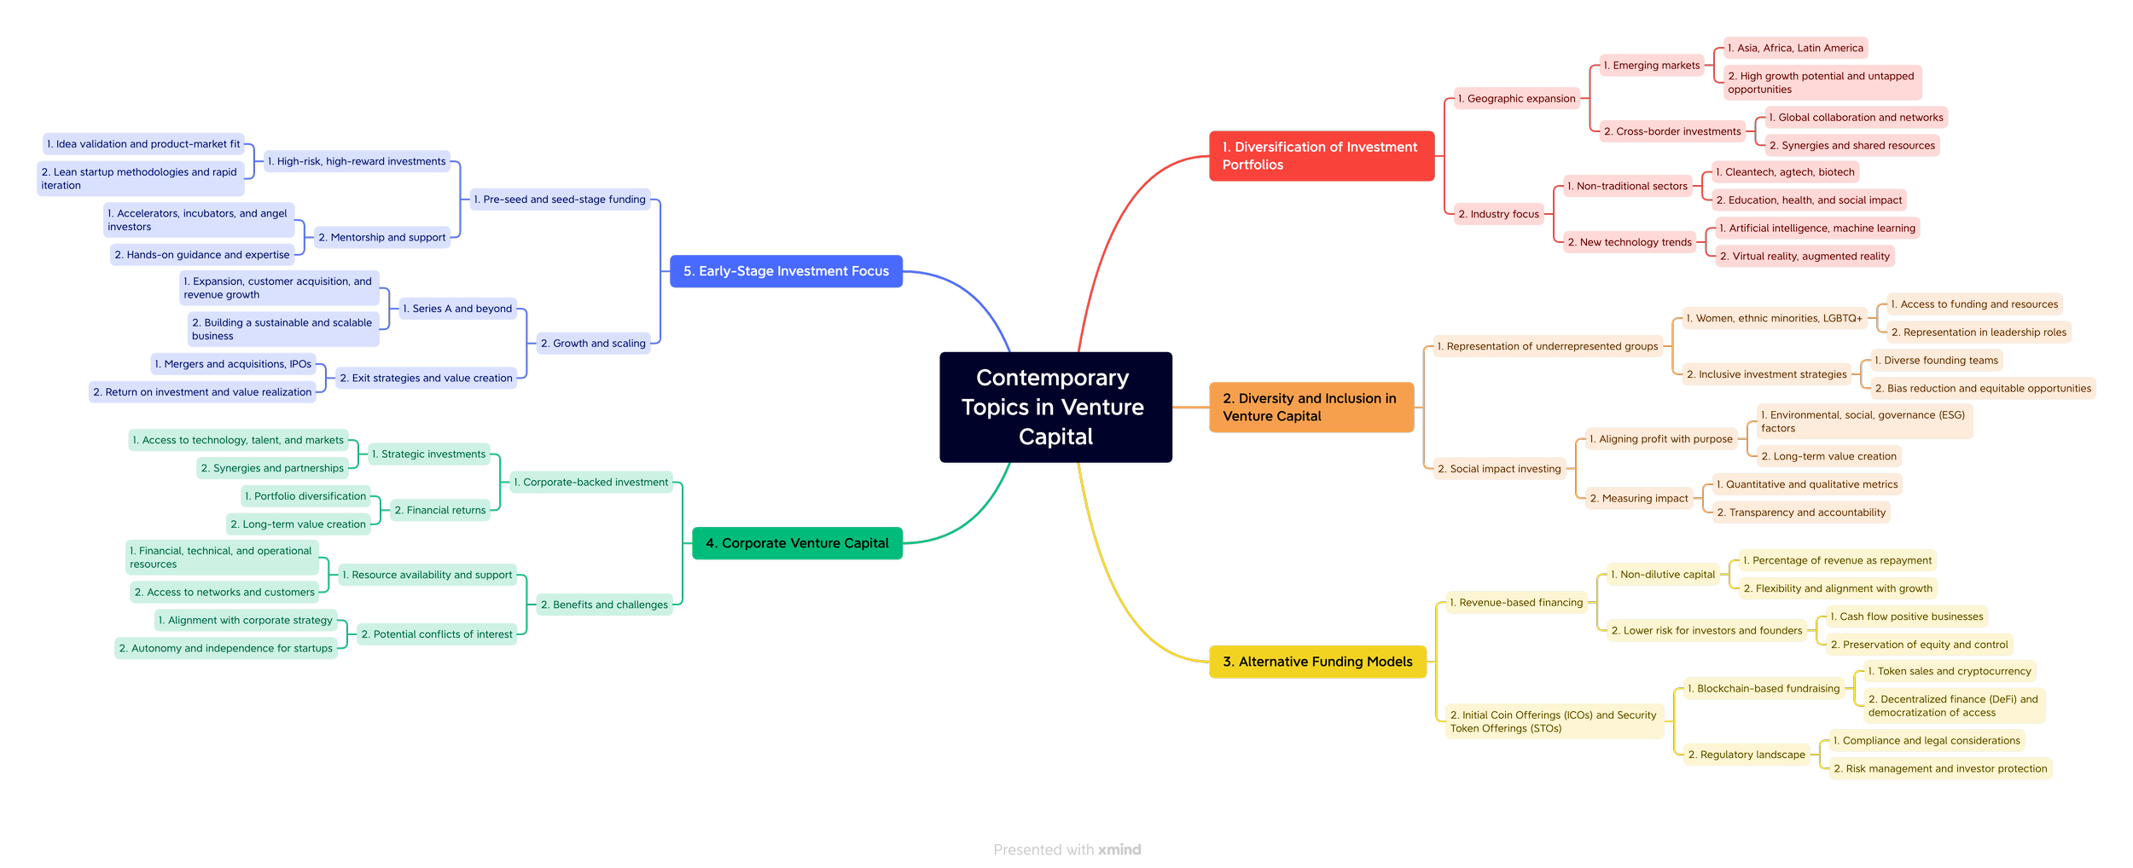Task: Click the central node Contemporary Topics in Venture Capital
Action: [1055, 407]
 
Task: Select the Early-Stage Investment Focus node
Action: [786, 271]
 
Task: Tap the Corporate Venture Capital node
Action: [797, 543]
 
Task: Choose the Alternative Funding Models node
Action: [1317, 662]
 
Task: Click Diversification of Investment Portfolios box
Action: [1321, 156]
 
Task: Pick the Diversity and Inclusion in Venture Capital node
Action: [1311, 407]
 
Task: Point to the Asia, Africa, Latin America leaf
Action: [1795, 48]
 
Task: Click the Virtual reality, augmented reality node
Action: [1805, 256]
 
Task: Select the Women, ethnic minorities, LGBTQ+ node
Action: [1774, 318]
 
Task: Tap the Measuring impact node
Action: [1639, 498]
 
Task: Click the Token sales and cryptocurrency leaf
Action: [1949, 671]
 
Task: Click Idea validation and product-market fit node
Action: [143, 144]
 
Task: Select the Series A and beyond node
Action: [457, 309]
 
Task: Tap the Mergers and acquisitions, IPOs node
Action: [233, 364]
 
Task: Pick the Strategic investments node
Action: [428, 454]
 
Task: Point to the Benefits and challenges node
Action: [605, 605]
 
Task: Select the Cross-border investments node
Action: [1672, 131]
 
